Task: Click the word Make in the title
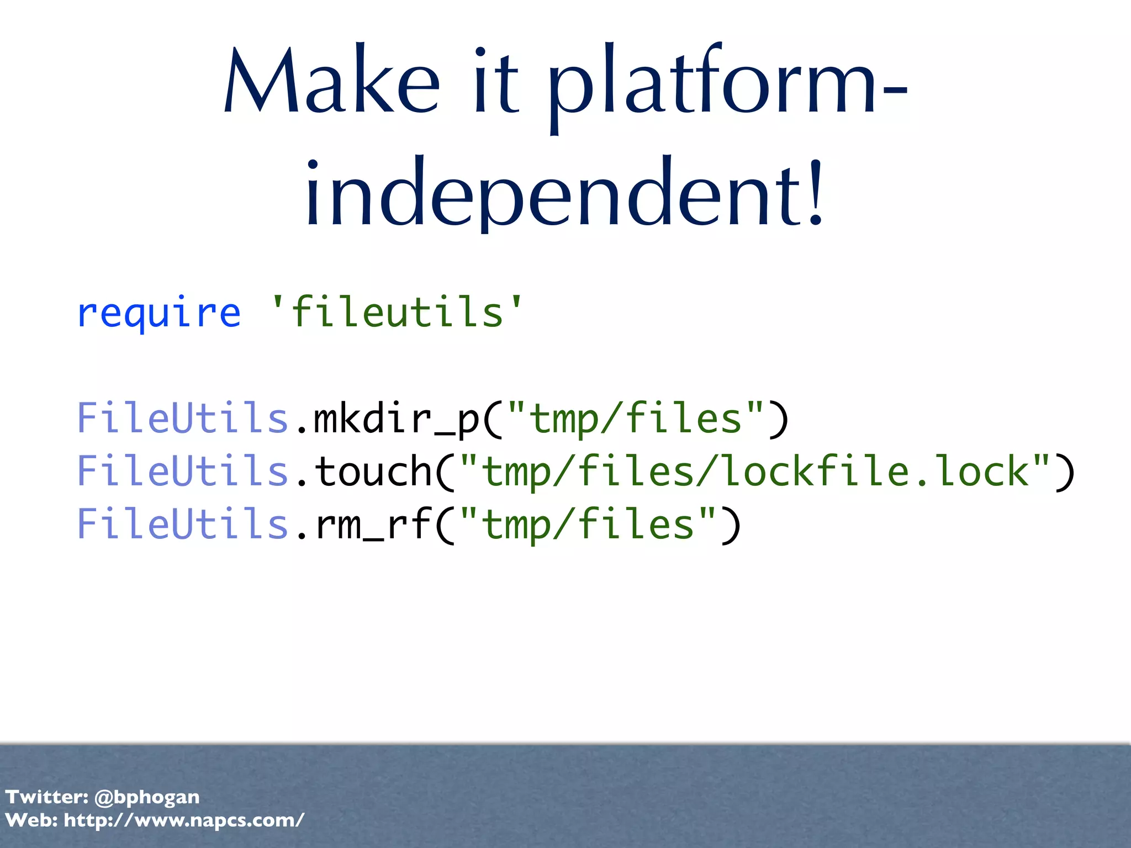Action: click(x=331, y=83)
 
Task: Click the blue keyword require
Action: click(x=159, y=314)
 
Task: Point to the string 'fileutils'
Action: click(x=397, y=312)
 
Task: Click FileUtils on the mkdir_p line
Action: click(x=182, y=418)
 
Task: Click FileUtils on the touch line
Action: click(x=182, y=471)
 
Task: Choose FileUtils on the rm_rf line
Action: click(x=182, y=524)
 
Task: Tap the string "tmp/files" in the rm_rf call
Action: click(x=588, y=524)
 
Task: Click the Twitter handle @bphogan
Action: click(x=147, y=797)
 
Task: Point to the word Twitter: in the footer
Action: click(x=46, y=797)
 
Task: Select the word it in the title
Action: click(x=496, y=83)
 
